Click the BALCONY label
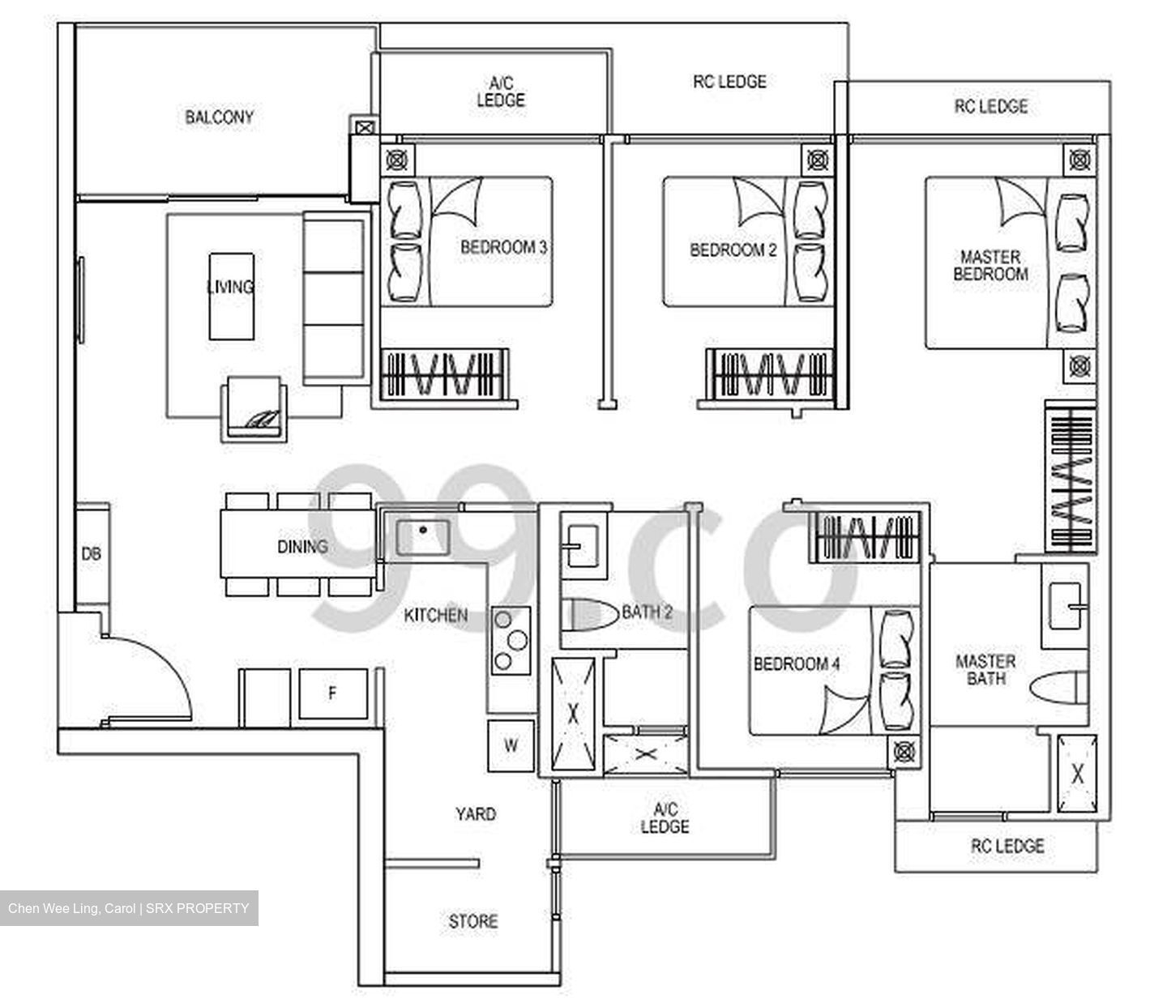pyautogui.click(x=219, y=117)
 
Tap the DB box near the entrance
pyautogui.click(x=92, y=555)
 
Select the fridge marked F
pyautogui.click(x=332, y=693)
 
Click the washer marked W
pyautogui.click(x=511, y=745)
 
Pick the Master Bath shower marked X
pyautogui.click(x=1077, y=774)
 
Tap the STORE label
pyautogui.click(x=473, y=921)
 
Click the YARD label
pyautogui.click(x=475, y=814)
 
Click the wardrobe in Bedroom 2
pyautogui.click(x=769, y=374)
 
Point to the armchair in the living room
pyautogui.click(x=254, y=409)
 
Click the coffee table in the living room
pyautogui.click(x=232, y=296)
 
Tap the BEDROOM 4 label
pyautogui.click(x=796, y=664)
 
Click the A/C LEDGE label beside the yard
pyautogui.click(x=665, y=818)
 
